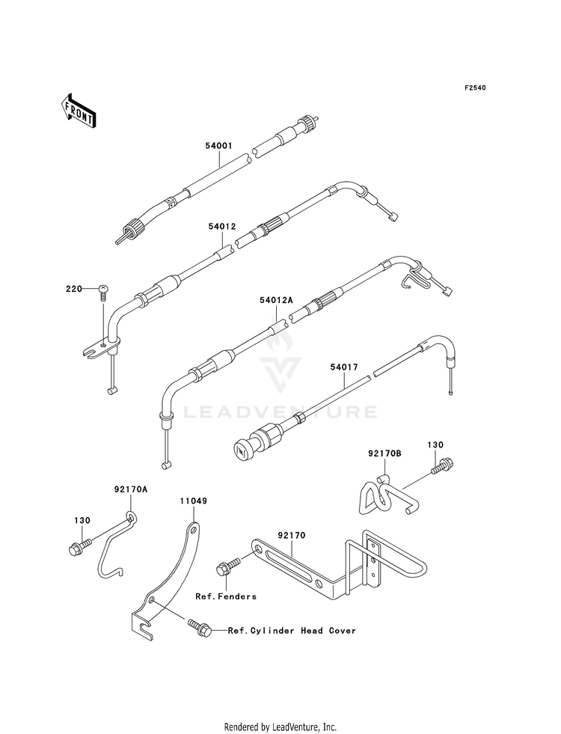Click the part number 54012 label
(x=222, y=224)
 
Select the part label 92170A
(x=132, y=489)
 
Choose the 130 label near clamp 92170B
(x=435, y=445)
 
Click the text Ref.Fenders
(x=226, y=596)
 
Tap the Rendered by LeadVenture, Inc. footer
(x=280, y=727)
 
